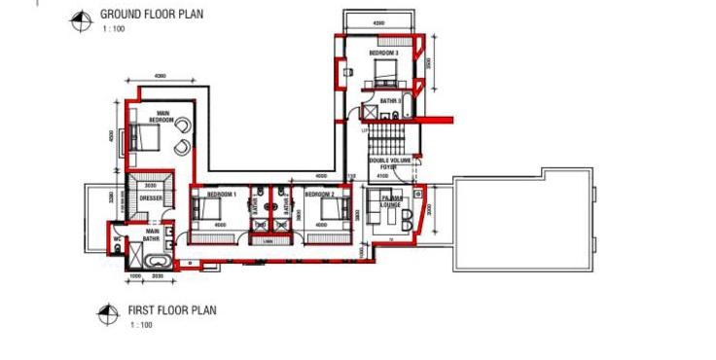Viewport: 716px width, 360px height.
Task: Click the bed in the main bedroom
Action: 145,137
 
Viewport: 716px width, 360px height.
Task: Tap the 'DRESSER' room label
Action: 151,198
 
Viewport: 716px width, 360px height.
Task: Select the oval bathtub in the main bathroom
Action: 155,261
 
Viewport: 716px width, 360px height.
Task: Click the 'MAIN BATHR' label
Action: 152,234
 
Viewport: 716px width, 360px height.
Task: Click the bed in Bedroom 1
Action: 211,210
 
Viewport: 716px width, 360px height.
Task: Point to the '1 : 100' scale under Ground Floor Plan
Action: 114,30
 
